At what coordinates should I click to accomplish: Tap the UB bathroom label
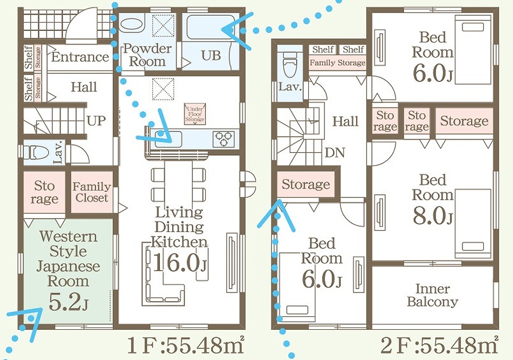pos(211,56)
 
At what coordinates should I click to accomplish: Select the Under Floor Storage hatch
pos(194,113)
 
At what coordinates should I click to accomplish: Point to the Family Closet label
pos(92,192)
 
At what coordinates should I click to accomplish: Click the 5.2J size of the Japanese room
pos(68,303)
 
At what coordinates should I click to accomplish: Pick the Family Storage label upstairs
pos(337,63)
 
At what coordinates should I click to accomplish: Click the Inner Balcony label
pos(432,295)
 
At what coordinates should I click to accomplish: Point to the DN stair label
pos(335,152)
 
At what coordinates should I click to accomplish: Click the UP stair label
pos(96,121)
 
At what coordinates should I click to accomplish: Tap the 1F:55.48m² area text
pos(185,346)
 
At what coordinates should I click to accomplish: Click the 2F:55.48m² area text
pos(440,346)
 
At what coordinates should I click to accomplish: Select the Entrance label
pos(80,57)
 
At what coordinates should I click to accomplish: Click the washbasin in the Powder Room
pos(133,26)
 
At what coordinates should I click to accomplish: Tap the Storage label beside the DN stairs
pos(305,185)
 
